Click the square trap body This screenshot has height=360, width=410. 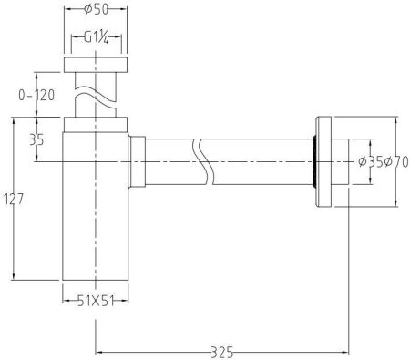(95, 219)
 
